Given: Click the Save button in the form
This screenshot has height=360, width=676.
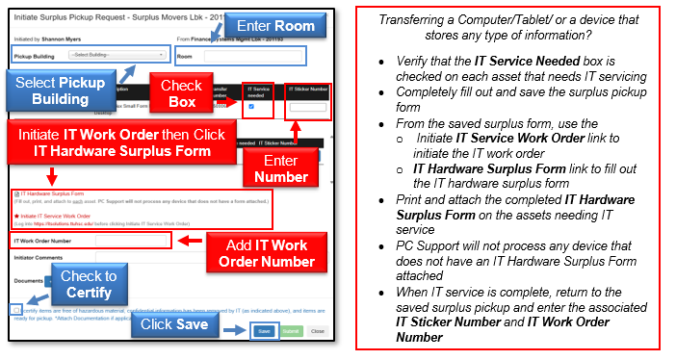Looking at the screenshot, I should pyautogui.click(x=264, y=330).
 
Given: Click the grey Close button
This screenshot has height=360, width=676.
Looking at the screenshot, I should pyautogui.click(x=317, y=330).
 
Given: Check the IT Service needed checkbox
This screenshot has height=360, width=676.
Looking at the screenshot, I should pyautogui.click(x=252, y=107).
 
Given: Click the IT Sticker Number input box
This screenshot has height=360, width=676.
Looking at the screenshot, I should pyautogui.click(x=308, y=107).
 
